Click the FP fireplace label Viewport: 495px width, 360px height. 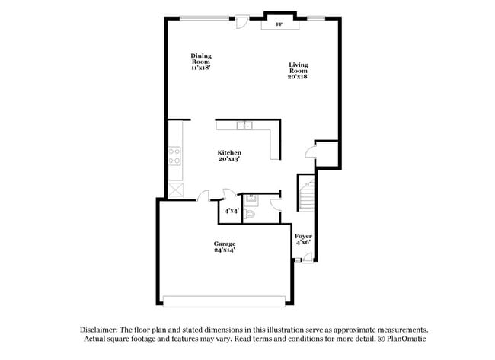click(279, 24)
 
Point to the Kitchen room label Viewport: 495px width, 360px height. click(229, 153)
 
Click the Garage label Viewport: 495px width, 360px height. click(224, 244)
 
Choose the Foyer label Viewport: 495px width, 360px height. click(303, 237)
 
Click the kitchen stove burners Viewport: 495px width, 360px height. click(174, 156)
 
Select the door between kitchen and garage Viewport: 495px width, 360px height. click(203, 196)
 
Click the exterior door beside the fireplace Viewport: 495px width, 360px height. click(242, 21)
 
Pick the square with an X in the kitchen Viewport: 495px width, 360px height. click(175, 191)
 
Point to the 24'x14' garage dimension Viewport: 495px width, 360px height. click(224, 250)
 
